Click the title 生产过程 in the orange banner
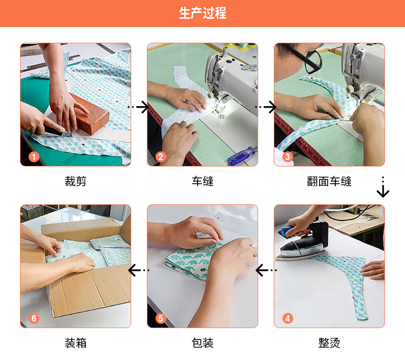click(x=202, y=13)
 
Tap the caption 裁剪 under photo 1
click(x=76, y=181)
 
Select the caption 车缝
click(x=202, y=181)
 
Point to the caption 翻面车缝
click(x=329, y=181)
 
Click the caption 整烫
click(x=329, y=343)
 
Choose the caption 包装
click(x=202, y=343)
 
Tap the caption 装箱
click(x=76, y=343)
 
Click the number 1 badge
click(x=33, y=157)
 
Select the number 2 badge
click(x=161, y=157)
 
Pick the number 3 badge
click(x=287, y=157)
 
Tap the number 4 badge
click(x=287, y=318)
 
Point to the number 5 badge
click(x=161, y=318)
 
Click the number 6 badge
click(x=33, y=318)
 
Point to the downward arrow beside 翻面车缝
click(x=383, y=187)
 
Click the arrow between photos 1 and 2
click(x=139, y=107)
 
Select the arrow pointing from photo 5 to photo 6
click(x=139, y=270)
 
